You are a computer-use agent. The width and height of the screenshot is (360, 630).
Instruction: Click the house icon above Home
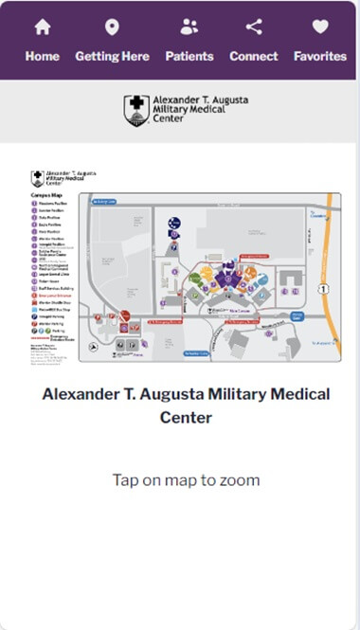click(42, 27)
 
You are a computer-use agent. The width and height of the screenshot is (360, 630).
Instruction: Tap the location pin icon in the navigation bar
click(112, 27)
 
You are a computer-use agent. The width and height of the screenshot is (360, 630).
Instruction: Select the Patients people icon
click(189, 27)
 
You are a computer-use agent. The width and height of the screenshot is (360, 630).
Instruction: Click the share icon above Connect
click(253, 27)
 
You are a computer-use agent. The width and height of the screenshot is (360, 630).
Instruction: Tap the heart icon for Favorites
click(320, 27)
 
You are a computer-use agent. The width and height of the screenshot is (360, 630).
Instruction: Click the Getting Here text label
click(112, 56)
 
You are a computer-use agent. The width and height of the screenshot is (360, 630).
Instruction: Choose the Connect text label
click(253, 56)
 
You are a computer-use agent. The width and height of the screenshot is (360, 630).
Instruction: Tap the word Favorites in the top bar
click(320, 56)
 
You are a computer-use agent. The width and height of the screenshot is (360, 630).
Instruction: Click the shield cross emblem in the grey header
click(136, 110)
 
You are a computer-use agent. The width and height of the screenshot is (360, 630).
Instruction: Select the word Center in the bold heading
click(186, 417)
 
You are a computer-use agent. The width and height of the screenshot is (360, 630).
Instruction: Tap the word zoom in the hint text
click(240, 480)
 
